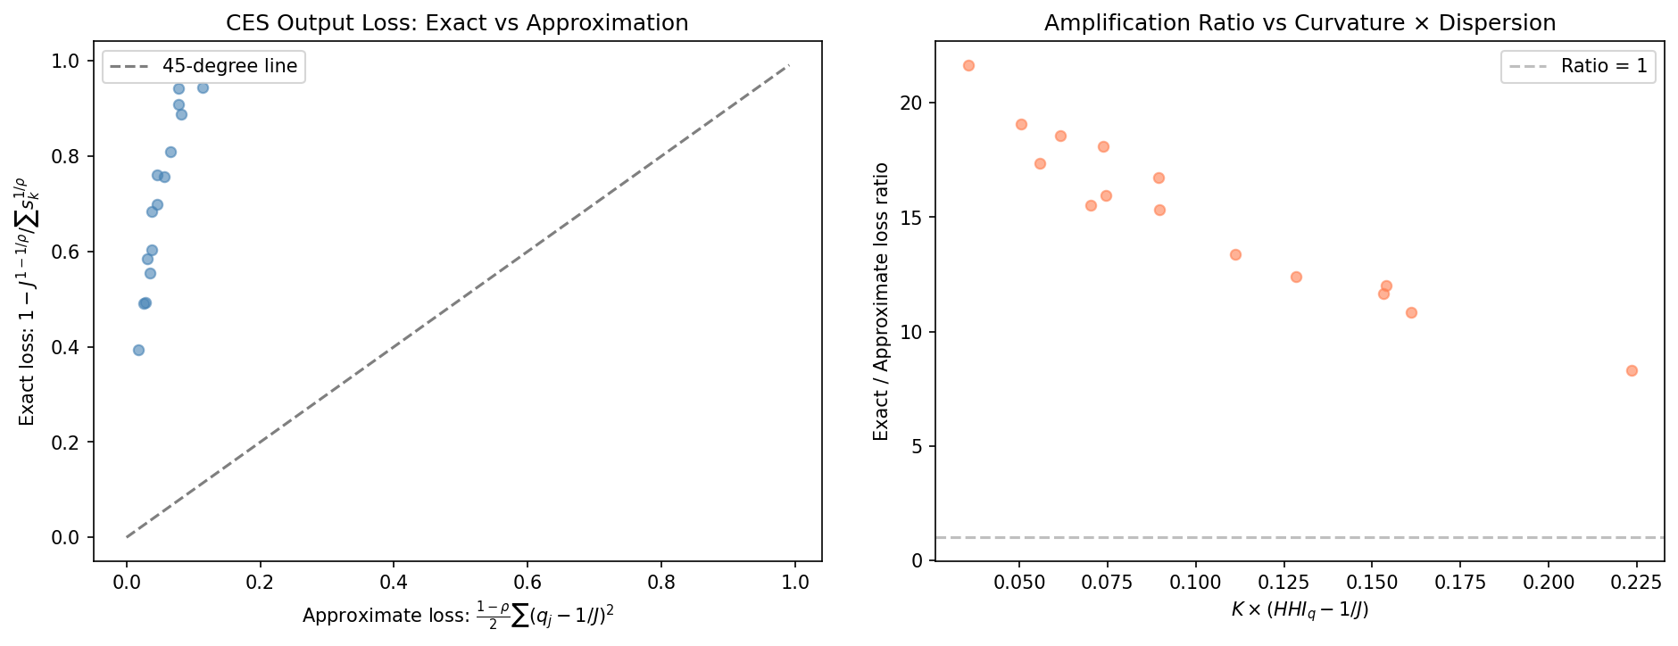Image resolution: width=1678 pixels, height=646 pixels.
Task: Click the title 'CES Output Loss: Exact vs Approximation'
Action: click(x=457, y=22)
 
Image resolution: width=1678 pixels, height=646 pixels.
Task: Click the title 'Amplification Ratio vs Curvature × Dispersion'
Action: click(x=1300, y=22)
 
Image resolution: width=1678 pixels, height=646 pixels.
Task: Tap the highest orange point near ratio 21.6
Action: click(x=968, y=65)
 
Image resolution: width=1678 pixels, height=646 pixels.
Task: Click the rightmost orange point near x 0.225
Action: click(x=1632, y=370)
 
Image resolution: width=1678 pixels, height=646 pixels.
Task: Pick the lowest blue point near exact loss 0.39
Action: click(x=138, y=350)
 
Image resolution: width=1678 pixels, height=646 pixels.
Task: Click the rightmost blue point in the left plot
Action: click(x=203, y=87)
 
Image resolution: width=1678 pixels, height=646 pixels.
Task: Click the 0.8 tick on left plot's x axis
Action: click(x=661, y=582)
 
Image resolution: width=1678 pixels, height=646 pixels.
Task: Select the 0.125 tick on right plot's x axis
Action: click(x=1283, y=582)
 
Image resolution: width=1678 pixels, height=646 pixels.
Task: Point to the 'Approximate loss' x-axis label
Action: click(x=458, y=616)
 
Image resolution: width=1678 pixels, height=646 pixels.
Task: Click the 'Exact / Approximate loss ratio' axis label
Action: click(x=881, y=302)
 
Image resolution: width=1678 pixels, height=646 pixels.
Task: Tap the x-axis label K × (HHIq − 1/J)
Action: click(x=1300, y=610)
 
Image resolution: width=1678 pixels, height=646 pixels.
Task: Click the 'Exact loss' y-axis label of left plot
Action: click(x=28, y=302)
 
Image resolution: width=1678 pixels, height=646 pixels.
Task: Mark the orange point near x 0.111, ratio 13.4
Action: click(x=1235, y=254)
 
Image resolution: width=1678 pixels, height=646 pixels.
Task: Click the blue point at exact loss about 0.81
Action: click(x=170, y=152)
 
